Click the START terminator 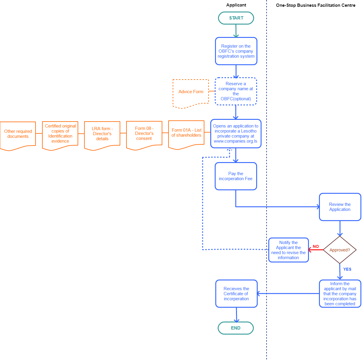236,18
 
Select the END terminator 236,328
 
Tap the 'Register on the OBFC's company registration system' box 236,51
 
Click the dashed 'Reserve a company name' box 236,91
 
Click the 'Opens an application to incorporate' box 236,134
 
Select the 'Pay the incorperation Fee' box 236,176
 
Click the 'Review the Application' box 340,207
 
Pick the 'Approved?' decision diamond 339,250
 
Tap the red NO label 316,246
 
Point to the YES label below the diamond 347,269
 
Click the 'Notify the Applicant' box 288,250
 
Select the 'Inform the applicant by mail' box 340,294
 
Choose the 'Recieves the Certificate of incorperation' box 236,294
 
